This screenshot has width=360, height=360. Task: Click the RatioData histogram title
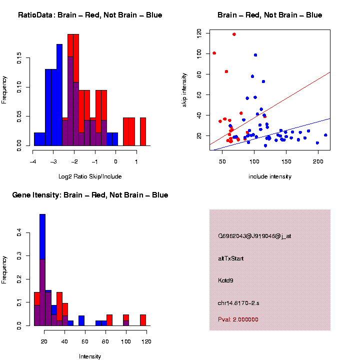pos(90,15)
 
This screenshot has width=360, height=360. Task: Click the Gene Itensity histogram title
pos(90,195)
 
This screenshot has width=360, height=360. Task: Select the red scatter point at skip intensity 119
pos(234,34)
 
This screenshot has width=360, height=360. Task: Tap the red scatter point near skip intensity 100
pos(214,53)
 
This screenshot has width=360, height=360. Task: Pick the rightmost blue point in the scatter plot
pos(325,135)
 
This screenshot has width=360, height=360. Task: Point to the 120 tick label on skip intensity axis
pos(199,33)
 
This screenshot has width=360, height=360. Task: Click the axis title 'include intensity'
pos(270,176)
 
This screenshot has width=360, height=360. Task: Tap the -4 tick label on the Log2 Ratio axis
pos(33,161)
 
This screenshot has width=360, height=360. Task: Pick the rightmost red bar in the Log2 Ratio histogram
pos(142,131)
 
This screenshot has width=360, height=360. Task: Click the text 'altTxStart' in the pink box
pos(231,258)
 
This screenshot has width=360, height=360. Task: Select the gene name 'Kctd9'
pos(226,280)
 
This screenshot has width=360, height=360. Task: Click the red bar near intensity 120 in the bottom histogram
pos(143,320)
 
